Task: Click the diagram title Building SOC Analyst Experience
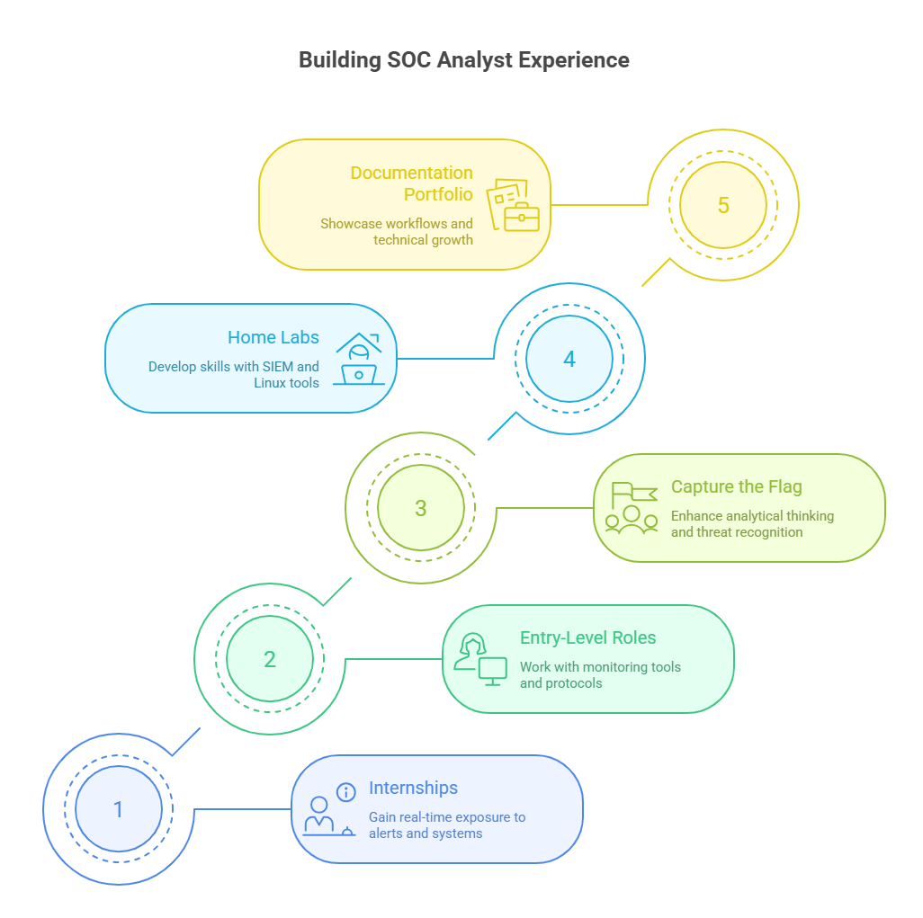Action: pyautogui.click(x=463, y=60)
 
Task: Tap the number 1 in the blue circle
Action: pyautogui.click(x=118, y=809)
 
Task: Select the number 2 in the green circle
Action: pyautogui.click(x=269, y=659)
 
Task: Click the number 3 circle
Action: pyautogui.click(x=420, y=508)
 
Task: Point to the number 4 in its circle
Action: pyautogui.click(x=569, y=360)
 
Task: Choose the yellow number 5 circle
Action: pyautogui.click(x=722, y=205)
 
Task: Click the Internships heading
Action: pyautogui.click(x=413, y=788)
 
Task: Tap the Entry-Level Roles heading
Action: pyautogui.click(x=587, y=637)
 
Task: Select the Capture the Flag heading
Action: pyautogui.click(x=736, y=486)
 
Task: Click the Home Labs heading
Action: pyautogui.click(x=273, y=337)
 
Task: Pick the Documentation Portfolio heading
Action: pyautogui.click(x=411, y=183)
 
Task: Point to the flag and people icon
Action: pyautogui.click(x=632, y=509)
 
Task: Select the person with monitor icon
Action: pyautogui.click(x=480, y=659)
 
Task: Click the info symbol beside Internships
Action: pyautogui.click(x=345, y=792)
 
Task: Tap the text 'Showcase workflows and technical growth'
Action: pyautogui.click(x=396, y=232)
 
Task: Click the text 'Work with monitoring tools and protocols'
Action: pyautogui.click(x=600, y=675)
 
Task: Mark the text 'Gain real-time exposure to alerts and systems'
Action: pyautogui.click(x=446, y=825)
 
